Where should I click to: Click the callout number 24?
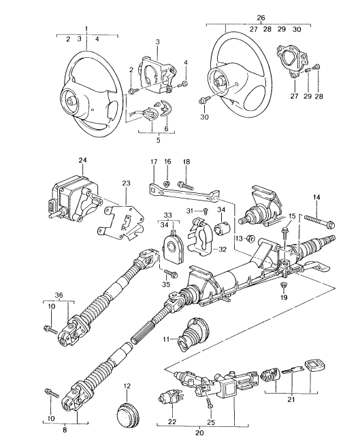83,161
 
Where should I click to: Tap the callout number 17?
153,161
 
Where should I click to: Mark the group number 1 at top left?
86,28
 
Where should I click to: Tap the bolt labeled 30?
204,101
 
